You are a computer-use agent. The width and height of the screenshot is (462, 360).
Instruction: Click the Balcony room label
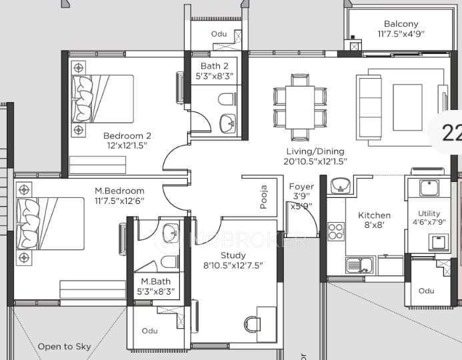pos(401,24)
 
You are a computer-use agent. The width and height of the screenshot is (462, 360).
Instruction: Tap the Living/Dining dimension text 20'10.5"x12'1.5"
pos(315,161)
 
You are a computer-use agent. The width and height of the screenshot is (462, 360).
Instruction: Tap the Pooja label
pos(264,197)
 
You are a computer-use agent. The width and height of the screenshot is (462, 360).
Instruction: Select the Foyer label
pos(301,187)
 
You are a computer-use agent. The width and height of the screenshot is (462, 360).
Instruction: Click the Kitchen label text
pos(374,215)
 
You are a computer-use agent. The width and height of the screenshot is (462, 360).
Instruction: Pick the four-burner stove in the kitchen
pos(336,231)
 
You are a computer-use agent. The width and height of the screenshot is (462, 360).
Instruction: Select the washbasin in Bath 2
pos(228,122)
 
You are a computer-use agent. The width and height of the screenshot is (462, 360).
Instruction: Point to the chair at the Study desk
pos(252,324)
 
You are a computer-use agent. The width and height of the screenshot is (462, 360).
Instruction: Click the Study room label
pos(233,255)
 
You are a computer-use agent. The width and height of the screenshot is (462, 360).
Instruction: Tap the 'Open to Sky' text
pos(64,347)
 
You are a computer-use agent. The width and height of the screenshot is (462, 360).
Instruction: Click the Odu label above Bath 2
pos(219,34)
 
